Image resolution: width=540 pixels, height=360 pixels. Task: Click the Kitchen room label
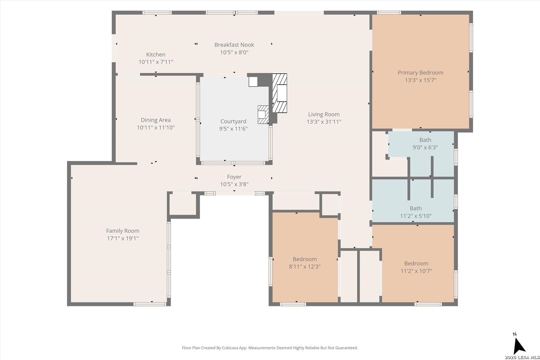tap(156, 54)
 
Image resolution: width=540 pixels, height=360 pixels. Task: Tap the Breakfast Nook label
tap(234, 45)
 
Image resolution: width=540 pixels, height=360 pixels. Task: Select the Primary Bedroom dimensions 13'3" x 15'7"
tap(420, 80)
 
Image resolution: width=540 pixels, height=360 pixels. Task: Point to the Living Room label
tap(324, 114)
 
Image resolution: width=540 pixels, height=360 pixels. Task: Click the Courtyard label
tap(233, 121)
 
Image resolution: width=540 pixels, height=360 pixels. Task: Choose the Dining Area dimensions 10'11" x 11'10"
tap(156, 128)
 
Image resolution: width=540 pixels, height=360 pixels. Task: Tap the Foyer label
tap(234, 177)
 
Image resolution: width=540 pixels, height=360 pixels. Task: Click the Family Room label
tap(123, 231)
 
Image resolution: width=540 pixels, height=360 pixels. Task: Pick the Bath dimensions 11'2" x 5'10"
tap(416, 216)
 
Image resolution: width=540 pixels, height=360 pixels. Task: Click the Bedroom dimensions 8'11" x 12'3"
tap(305, 266)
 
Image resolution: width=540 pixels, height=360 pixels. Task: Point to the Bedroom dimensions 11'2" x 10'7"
tap(416, 271)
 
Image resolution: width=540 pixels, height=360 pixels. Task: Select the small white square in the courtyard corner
tap(253, 82)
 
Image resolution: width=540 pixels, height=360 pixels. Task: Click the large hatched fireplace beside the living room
tap(280, 93)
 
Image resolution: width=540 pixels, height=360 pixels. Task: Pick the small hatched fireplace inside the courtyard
tap(263, 115)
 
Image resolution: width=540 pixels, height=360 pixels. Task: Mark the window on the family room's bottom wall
tap(150, 304)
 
